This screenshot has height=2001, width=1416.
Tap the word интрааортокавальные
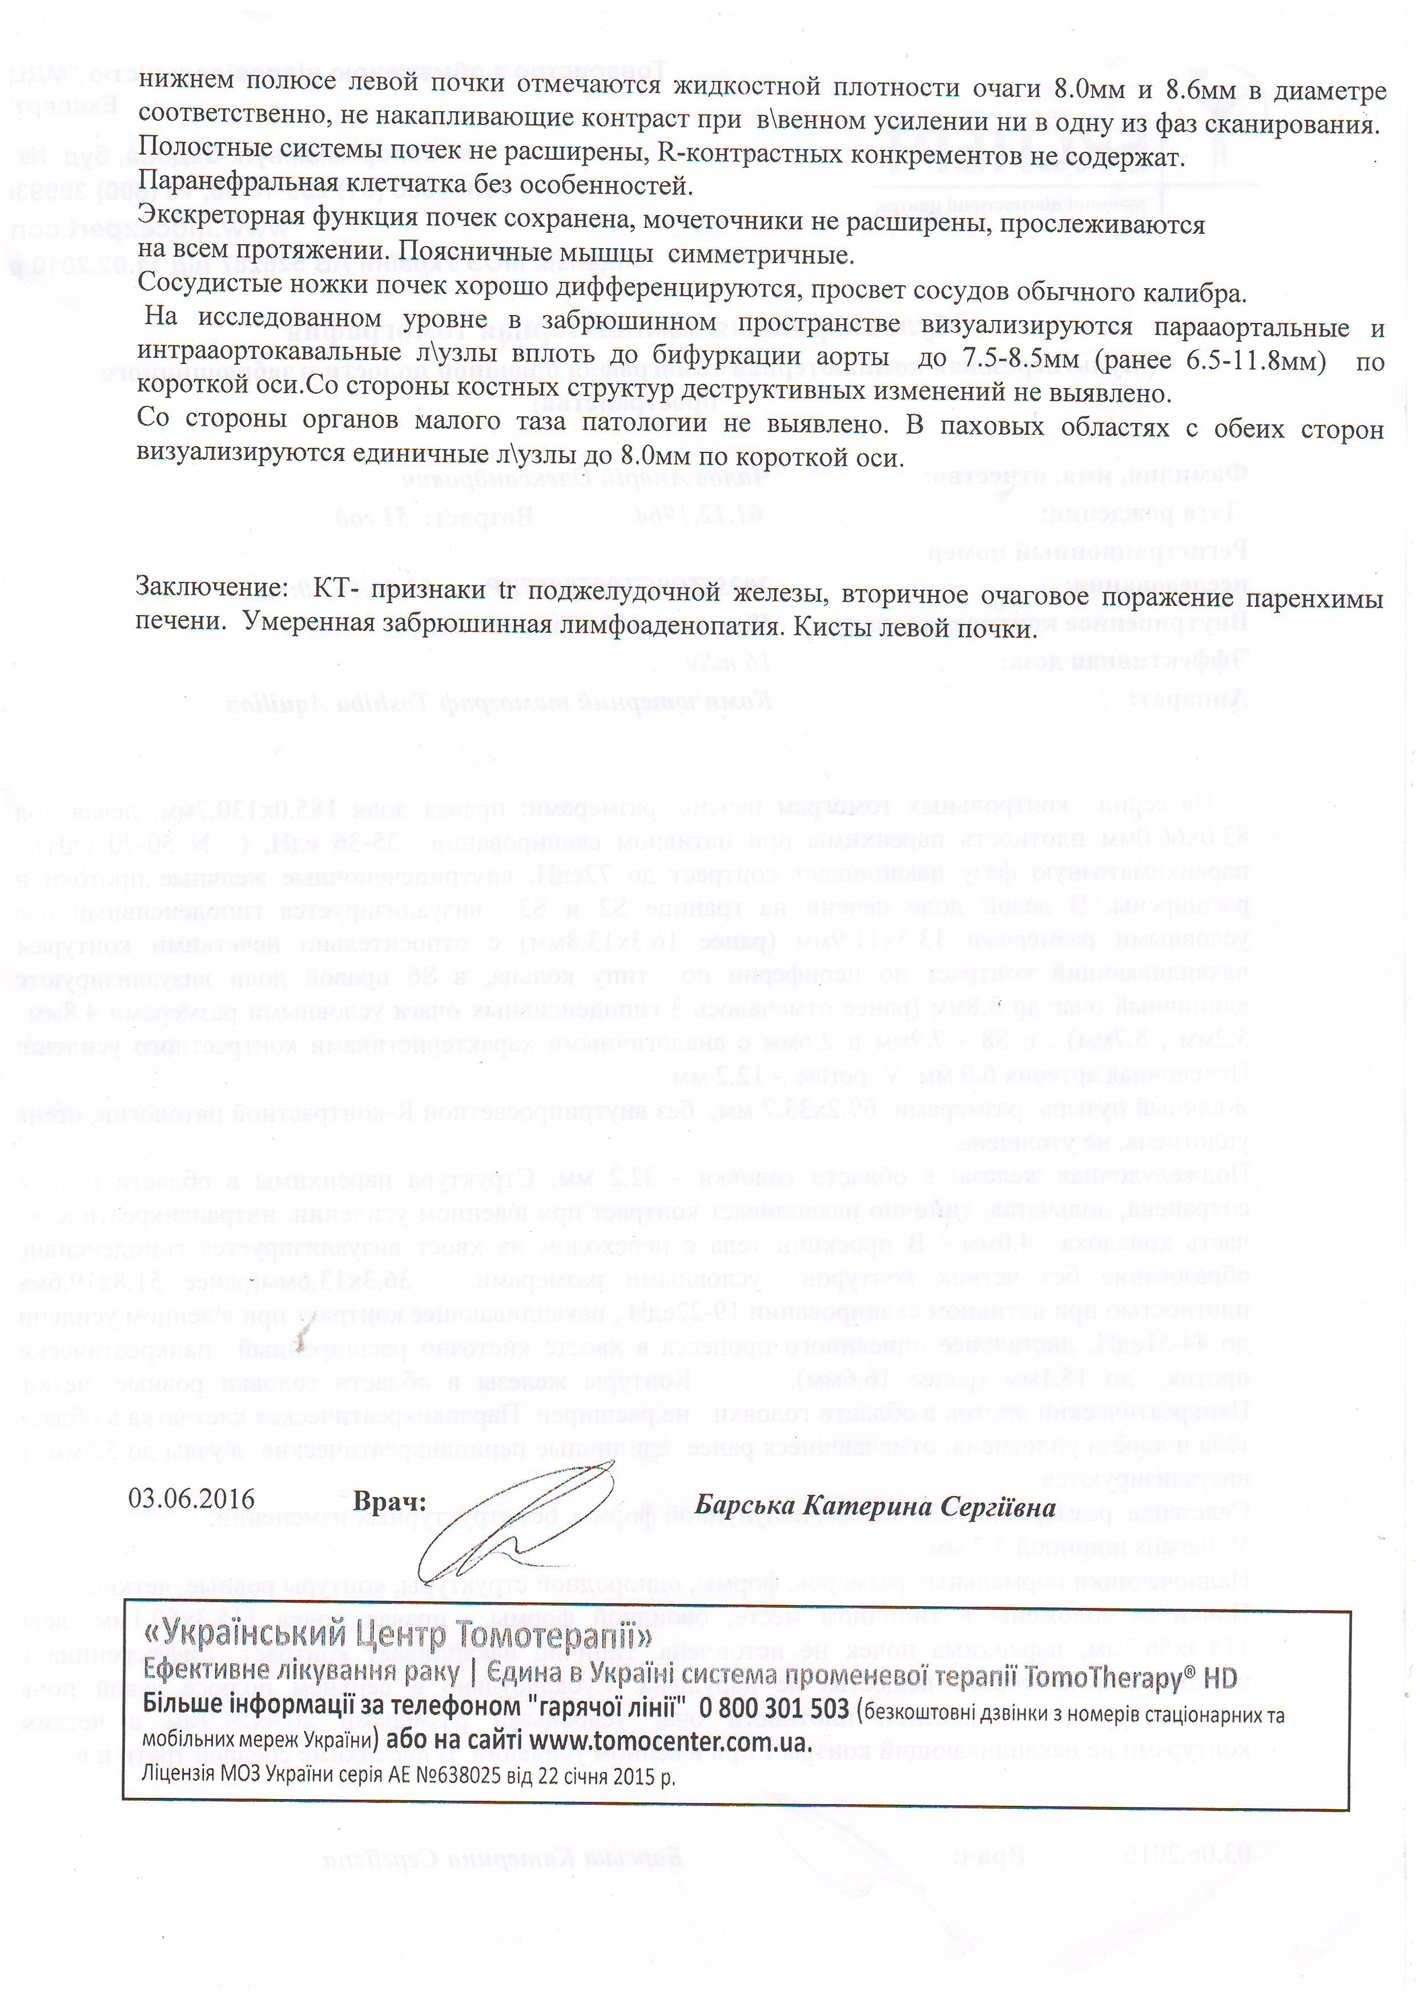point(268,353)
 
